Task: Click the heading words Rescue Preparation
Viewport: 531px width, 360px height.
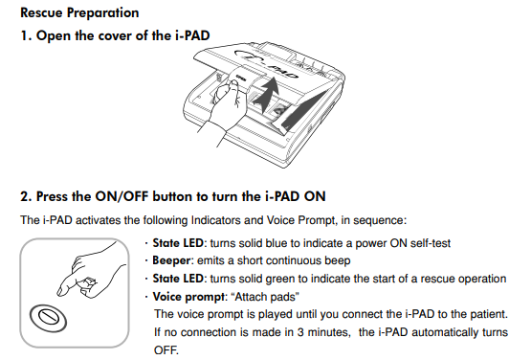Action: point(79,13)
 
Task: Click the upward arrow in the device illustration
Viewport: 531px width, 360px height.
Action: point(266,94)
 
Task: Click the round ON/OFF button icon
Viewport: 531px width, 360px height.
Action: point(48,318)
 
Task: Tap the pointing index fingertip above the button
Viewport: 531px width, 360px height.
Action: point(62,291)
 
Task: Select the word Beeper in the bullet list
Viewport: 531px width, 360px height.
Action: point(171,260)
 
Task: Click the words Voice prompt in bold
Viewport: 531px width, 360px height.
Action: point(188,297)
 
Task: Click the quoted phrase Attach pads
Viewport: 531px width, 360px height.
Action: point(265,297)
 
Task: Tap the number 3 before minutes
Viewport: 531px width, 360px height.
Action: point(300,332)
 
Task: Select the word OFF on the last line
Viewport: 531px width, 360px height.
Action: point(166,349)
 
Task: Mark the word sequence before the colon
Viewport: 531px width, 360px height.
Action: point(378,220)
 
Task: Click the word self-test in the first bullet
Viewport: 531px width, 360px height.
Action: point(431,243)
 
